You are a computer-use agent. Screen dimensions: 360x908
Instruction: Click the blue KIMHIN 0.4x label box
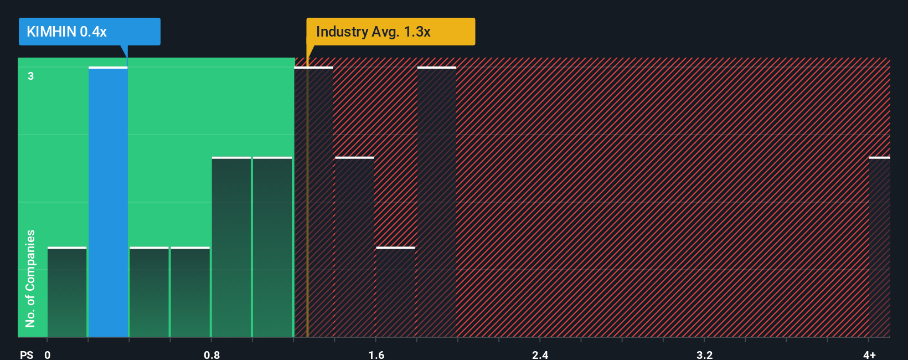(89, 32)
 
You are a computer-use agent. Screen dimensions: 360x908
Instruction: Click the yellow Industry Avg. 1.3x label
(390, 32)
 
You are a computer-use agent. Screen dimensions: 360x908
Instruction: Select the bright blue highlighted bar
(108, 202)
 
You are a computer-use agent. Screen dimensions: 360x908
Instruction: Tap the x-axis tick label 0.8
(211, 354)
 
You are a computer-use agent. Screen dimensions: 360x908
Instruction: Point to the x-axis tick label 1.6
(376, 354)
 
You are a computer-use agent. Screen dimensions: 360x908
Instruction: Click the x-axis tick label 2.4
(540, 354)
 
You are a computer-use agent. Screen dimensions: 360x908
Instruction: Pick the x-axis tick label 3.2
(704, 354)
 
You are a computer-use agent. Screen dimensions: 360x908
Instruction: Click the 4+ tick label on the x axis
(869, 354)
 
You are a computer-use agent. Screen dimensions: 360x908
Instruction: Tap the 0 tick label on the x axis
(48, 354)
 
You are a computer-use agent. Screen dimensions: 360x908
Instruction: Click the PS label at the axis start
(27, 354)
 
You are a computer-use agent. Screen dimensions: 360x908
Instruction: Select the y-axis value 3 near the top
(31, 76)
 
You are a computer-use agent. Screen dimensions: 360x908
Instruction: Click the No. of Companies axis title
(30, 278)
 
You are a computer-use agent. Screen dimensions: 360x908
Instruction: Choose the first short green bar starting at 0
(67, 292)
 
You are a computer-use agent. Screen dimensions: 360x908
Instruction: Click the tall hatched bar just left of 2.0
(436, 202)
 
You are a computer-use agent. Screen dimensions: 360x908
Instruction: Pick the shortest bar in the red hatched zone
(395, 292)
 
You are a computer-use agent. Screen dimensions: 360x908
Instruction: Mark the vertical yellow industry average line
(307, 222)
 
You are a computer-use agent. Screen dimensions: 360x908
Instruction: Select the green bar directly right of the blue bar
(149, 292)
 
